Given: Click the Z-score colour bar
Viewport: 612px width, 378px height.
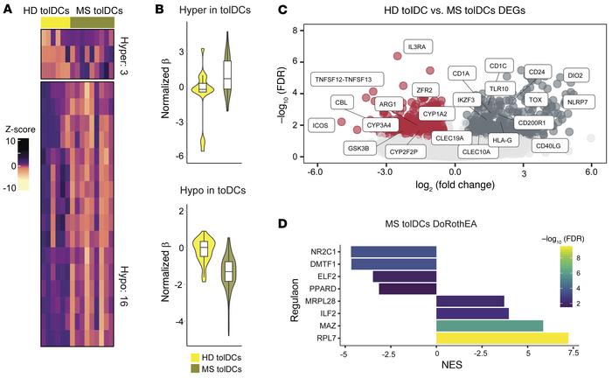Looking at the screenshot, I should pos(24,164).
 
